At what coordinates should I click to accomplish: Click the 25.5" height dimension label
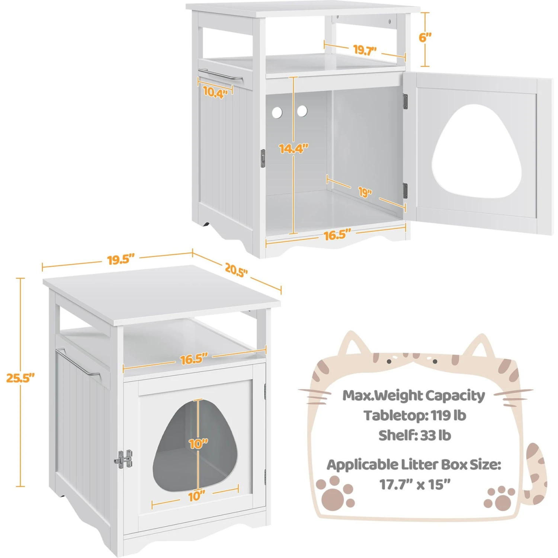tap(20, 378)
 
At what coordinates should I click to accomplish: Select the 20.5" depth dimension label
tap(236, 270)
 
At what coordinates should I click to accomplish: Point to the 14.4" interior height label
tap(294, 148)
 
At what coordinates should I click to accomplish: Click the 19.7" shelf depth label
tap(365, 49)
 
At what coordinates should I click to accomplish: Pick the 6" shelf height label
tap(425, 37)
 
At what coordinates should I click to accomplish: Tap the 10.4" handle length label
tap(215, 92)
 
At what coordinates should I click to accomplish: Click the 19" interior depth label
tap(365, 192)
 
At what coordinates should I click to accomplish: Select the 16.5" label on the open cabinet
tap(337, 235)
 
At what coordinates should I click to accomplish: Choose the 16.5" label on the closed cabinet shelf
tap(194, 359)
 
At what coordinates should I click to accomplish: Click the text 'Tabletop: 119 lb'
tap(414, 415)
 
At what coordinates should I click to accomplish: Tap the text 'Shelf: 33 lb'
tap(414, 435)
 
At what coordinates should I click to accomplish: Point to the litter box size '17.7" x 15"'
tap(414, 484)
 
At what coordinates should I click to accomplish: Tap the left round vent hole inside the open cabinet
tap(277, 112)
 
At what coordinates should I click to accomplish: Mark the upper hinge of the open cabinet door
tap(405, 101)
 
